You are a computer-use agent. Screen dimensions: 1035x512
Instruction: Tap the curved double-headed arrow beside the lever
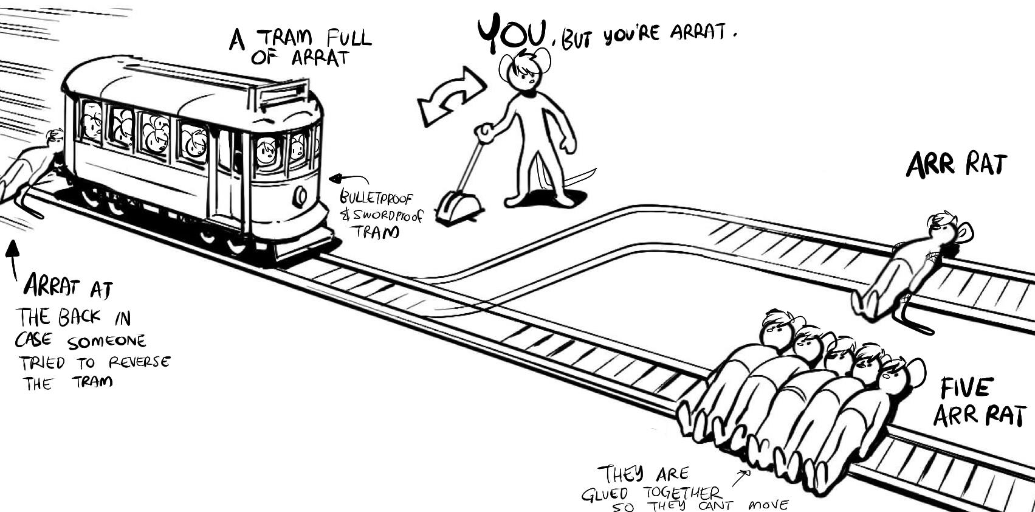[x=450, y=96]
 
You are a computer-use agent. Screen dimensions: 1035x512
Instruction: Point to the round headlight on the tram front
[x=300, y=196]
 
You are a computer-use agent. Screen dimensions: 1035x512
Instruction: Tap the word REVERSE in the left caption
[x=139, y=362]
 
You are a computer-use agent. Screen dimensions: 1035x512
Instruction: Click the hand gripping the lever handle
[x=484, y=132]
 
